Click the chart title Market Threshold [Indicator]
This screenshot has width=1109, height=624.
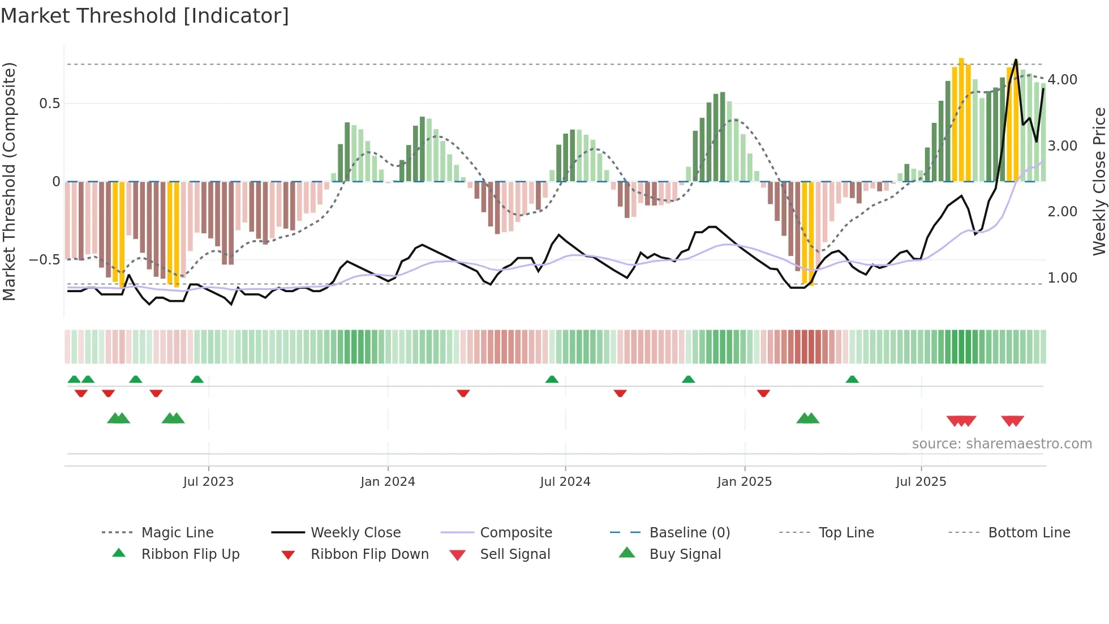click(145, 16)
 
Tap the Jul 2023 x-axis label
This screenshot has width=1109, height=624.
click(208, 482)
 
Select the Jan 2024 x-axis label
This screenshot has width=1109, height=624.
click(388, 482)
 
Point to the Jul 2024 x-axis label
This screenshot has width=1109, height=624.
click(565, 482)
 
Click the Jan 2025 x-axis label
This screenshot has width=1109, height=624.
click(744, 482)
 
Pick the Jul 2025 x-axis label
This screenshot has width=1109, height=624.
click(921, 482)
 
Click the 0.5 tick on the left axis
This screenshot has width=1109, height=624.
click(50, 104)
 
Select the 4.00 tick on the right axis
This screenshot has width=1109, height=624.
click(1062, 80)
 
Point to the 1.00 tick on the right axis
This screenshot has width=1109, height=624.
click(1062, 278)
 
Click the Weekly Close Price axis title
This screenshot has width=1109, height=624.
click(1099, 181)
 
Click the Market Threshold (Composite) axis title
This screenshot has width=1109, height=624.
click(9, 181)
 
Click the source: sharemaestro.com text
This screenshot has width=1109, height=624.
click(1001, 444)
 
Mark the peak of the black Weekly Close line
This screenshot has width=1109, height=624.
click(1016, 59)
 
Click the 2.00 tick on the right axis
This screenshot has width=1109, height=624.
click(1062, 212)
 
